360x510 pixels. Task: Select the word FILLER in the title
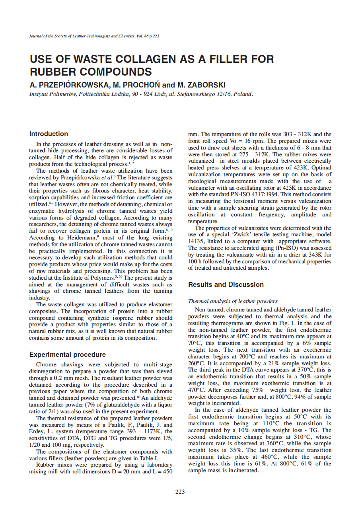224,59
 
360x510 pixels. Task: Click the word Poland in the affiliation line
243,94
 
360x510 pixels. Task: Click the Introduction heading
49,134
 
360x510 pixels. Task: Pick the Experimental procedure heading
68,354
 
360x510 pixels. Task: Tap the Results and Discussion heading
226,284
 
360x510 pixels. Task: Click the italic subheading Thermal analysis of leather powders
233,301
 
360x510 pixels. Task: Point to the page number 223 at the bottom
180,492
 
